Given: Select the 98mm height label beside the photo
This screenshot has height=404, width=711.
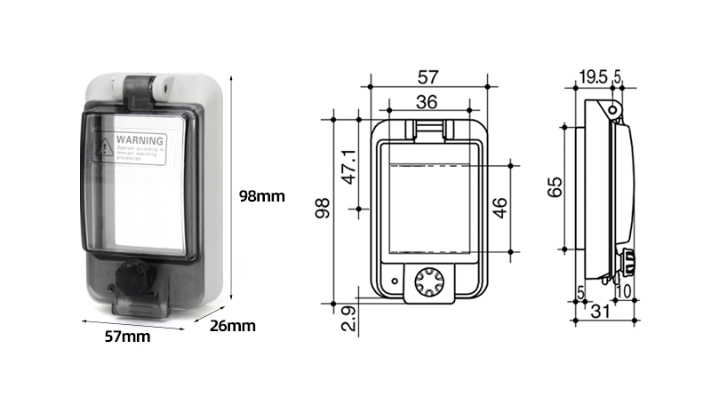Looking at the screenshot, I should coord(261,196).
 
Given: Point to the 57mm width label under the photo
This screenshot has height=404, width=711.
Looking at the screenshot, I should coord(127,336).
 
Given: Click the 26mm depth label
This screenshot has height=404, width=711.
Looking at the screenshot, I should coord(232,326).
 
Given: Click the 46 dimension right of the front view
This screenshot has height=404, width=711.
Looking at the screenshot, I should coord(500,207).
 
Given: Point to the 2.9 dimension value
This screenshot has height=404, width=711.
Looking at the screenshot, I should coord(349,319).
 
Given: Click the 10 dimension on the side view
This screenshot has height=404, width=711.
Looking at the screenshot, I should coord(625,291).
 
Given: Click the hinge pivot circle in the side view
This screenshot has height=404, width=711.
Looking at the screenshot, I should coord(612,109).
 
